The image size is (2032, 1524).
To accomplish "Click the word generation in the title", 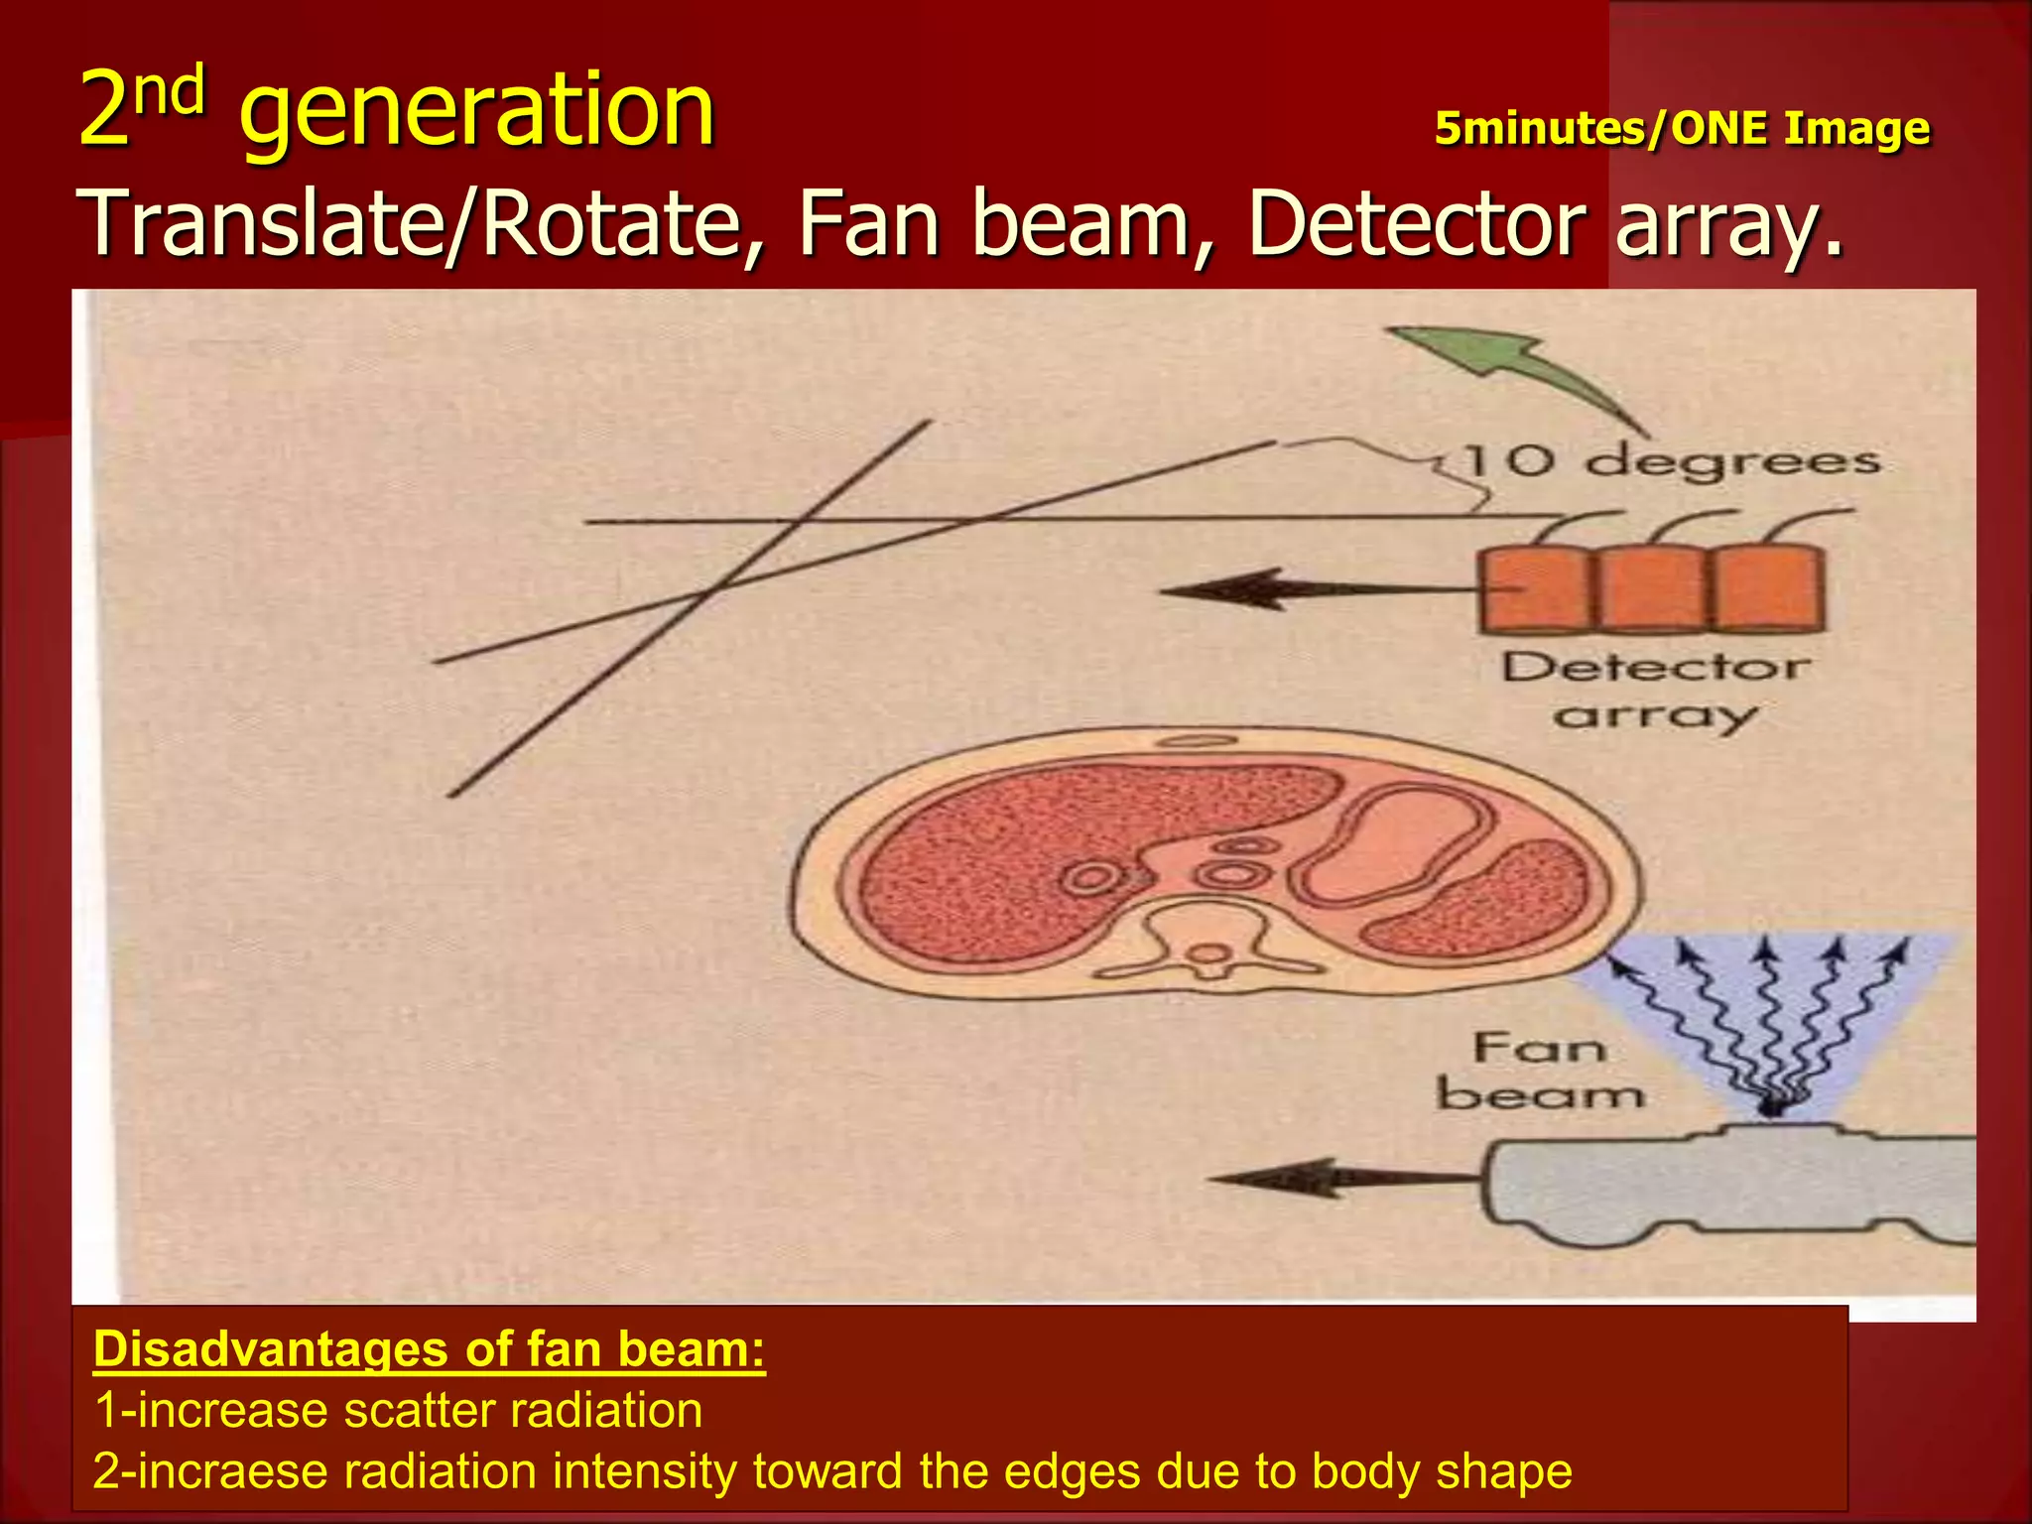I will (x=476, y=111).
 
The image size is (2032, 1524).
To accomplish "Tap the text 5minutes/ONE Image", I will (x=1682, y=129).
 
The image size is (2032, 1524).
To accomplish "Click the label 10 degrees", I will (x=1672, y=462).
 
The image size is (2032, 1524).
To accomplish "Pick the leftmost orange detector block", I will (x=1535, y=589).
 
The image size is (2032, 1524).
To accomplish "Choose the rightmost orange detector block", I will (x=1768, y=589).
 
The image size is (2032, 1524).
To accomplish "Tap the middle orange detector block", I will (x=1652, y=589).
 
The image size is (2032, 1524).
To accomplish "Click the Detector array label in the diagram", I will (x=1655, y=690).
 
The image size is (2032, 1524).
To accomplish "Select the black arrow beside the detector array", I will (x=1290, y=590).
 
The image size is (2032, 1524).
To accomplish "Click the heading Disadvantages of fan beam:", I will (x=429, y=1349).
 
